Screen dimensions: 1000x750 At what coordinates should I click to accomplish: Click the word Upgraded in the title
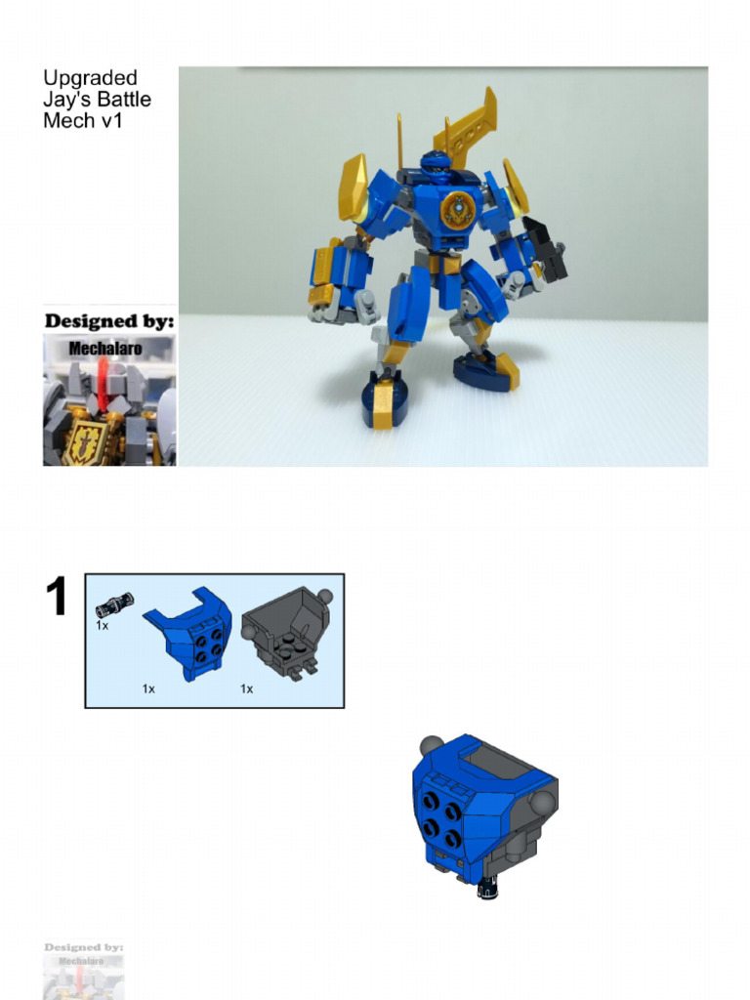pyautogui.click(x=90, y=79)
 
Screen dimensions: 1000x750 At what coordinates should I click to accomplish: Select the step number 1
pyautogui.click(x=58, y=598)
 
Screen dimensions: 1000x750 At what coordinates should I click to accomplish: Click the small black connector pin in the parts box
pyautogui.click(x=114, y=604)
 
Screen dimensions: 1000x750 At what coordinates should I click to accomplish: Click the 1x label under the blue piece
pyautogui.click(x=148, y=688)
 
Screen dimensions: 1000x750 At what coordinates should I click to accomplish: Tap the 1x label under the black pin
pyautogui.click(x=102, y=625)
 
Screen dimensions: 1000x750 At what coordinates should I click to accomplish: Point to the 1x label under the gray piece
pyautogui.click(x=247, y=688)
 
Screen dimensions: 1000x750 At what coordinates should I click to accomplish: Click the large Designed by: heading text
pyautogui.click(x=108, y=320)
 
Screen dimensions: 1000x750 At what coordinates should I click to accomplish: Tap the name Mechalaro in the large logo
pyautogui.click(x=107, y=347)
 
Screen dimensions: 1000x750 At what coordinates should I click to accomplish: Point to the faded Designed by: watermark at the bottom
pyautogui.click(x=84, y=947)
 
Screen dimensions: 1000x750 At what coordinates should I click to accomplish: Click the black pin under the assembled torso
pyautogui.click(x=486, y=890)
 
